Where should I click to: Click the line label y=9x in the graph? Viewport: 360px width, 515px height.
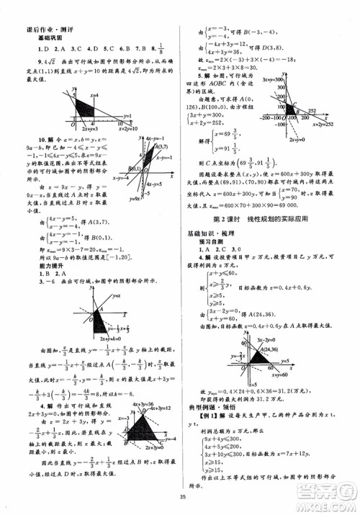coord(134,199)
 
